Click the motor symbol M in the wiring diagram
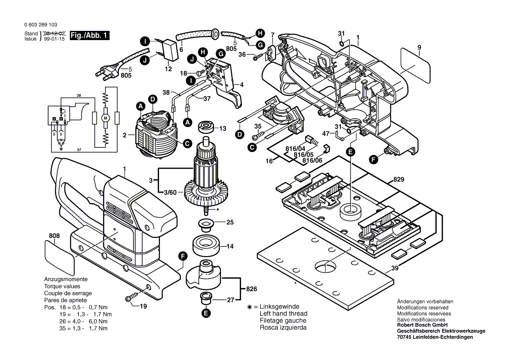[105, 118]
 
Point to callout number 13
[223, 128]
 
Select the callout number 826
[251, 289]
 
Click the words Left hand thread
[283, 313]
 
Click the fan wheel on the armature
[207, 194]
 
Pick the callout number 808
[54, 236]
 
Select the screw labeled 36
[260, 55]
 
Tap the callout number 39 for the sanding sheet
[394, 268]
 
